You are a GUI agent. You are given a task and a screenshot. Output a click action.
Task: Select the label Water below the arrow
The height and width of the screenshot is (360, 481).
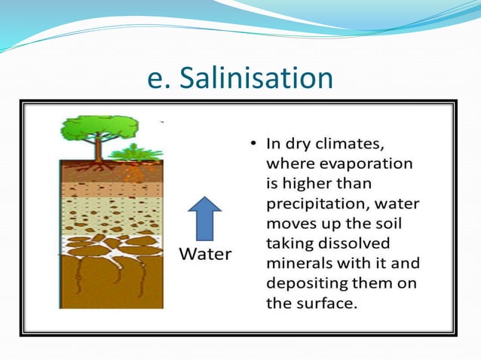(204, 254)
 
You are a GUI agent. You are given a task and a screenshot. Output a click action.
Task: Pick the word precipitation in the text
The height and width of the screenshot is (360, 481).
(313, 204)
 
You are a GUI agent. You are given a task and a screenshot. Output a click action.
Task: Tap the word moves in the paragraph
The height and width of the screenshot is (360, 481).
(289, 224)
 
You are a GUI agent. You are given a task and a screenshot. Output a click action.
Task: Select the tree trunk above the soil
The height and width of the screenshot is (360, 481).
(98, 151)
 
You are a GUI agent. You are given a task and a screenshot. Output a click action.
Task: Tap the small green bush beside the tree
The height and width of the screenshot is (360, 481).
(135, 153)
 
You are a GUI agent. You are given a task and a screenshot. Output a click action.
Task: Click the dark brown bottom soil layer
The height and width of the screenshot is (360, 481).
(112, 286)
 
